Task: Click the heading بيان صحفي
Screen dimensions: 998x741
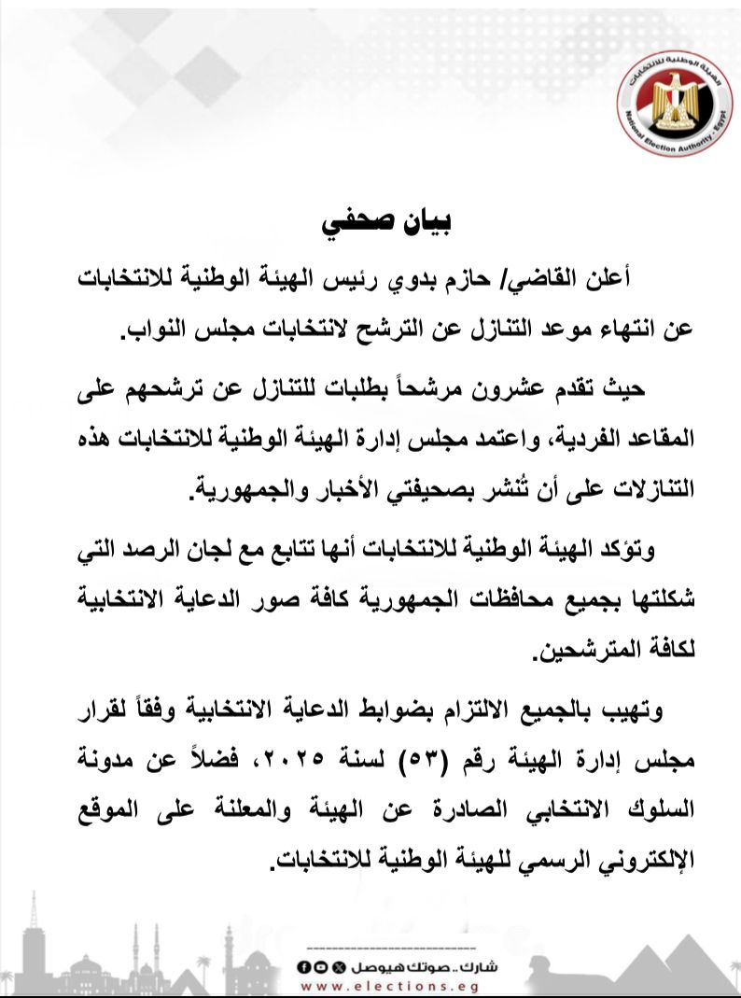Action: click(x=385, y=224)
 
